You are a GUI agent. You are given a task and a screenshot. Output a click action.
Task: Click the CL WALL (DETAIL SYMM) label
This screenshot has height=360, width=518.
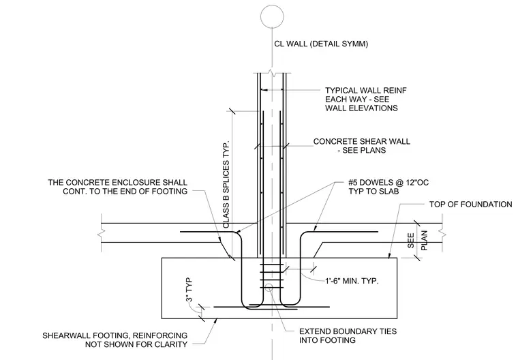321,44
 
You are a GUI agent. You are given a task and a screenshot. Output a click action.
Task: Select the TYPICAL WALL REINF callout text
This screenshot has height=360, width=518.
366,99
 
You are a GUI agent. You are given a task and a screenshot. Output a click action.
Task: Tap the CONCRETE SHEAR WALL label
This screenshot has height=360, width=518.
362,146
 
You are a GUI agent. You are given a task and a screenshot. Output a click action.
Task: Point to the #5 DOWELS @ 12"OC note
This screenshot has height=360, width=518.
388,187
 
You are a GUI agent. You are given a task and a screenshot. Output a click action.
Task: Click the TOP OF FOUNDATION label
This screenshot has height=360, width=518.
471,205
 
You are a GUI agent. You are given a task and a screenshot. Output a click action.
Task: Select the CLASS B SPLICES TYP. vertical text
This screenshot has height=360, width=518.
226,185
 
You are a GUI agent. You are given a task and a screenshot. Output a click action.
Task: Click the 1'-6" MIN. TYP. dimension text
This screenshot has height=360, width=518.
352,281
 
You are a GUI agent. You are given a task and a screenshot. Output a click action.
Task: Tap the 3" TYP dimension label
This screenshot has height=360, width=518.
189,290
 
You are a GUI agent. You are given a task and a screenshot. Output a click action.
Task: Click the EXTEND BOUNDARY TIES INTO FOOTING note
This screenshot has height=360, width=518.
348,335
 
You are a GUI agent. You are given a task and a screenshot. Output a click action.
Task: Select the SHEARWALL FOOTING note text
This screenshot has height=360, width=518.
115,340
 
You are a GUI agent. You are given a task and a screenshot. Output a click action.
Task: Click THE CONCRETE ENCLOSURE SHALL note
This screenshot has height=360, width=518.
118,187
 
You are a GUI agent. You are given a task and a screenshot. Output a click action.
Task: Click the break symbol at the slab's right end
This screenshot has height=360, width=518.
442,233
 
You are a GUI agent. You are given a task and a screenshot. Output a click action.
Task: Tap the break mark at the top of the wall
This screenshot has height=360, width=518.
272,73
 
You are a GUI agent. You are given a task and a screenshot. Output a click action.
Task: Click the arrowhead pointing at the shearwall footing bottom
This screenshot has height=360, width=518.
215,320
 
